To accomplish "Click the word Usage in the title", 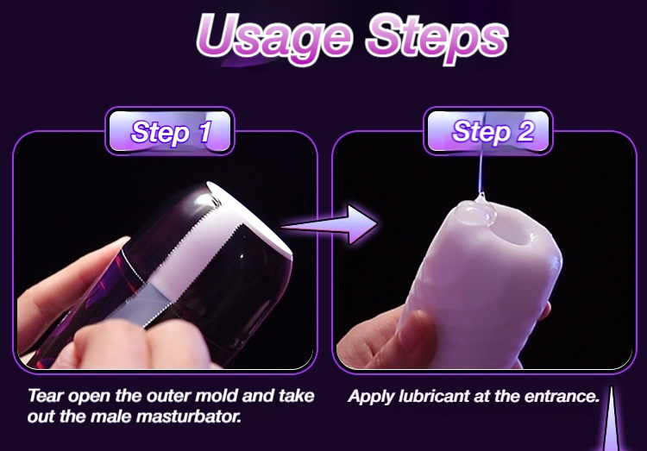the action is coord(275,37).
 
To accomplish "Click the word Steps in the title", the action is coord(437,37).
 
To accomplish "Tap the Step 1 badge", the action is coord(170,131).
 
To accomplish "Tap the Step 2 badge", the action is coord(488,131).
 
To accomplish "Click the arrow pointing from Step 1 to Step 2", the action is coord(330,224).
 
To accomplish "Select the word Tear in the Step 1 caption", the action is coord(46,396).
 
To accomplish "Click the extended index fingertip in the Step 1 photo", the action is coord(117,244).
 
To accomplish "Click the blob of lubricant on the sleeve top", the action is coord(475,211).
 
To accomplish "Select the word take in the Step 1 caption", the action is coord(297,396).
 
